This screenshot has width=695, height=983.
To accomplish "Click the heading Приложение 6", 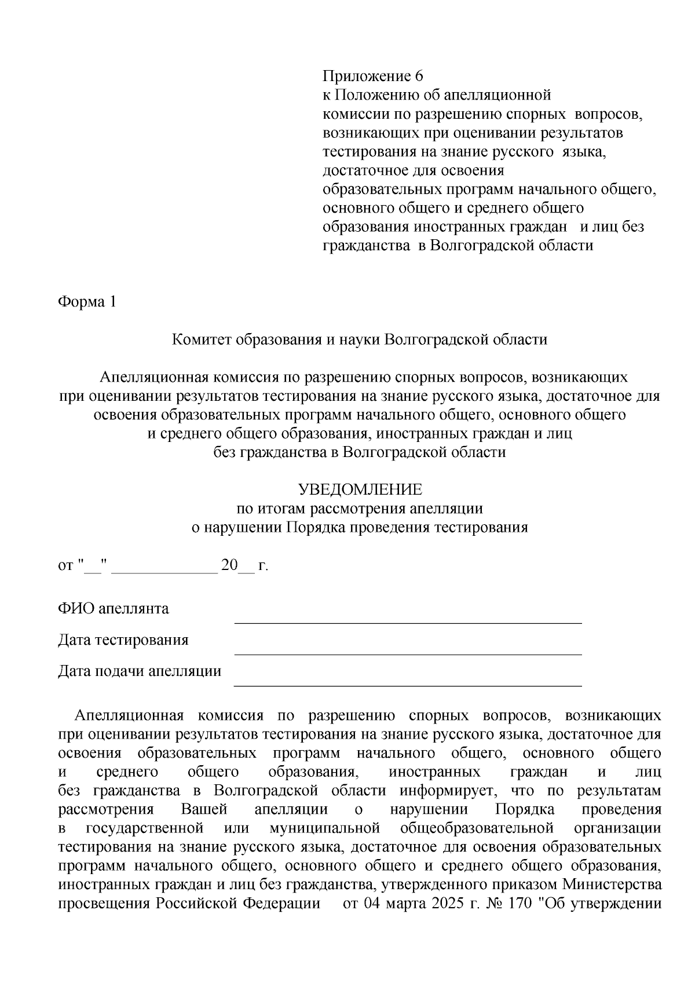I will tap(373, 76).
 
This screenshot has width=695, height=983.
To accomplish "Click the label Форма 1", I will tap(87, 302).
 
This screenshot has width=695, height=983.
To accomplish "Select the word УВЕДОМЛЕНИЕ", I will tap(360, 490).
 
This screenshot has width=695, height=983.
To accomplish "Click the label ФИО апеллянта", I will tap(113, 609).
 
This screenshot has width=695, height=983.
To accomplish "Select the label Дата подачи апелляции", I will tap(139, 671).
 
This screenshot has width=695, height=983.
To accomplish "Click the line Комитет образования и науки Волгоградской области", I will tap(360, 339).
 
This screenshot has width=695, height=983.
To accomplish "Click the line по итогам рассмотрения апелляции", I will tap(360, 509).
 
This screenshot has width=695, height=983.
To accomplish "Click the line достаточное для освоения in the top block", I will tap(413, 171).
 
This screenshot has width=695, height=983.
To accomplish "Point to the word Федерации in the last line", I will tap(281, 904).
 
